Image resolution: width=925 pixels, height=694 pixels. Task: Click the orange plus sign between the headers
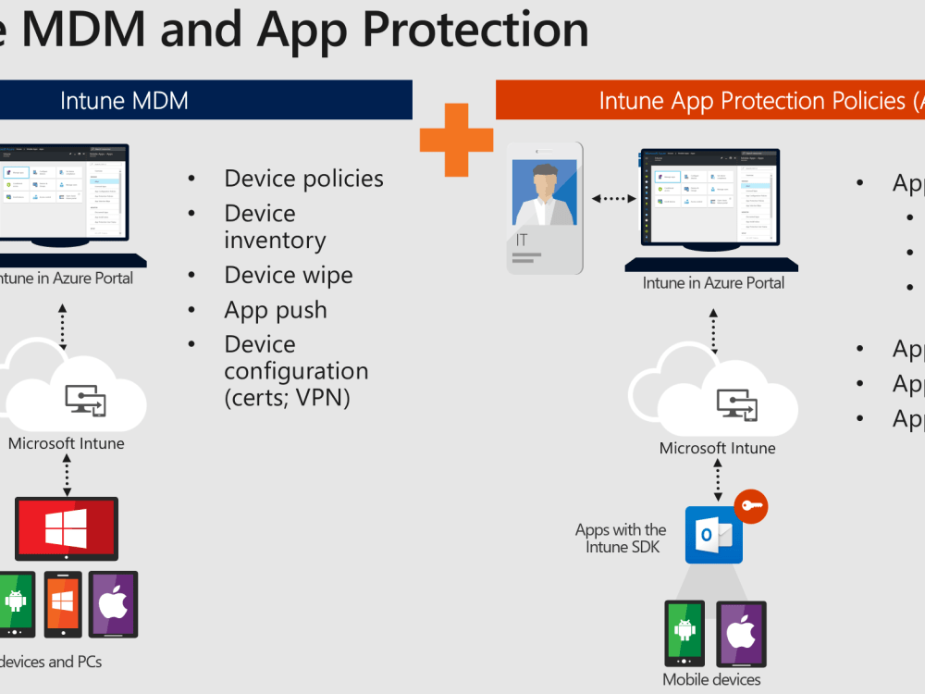456,140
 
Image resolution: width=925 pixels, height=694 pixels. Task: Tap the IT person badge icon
545,207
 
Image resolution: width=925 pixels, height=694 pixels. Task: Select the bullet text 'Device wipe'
288,275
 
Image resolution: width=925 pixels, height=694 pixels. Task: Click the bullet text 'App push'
275,309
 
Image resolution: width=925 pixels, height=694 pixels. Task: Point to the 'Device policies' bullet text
303,179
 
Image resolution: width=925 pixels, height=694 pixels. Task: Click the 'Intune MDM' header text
124,100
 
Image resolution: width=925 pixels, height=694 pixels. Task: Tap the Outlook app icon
713,535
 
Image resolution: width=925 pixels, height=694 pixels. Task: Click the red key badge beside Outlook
750,506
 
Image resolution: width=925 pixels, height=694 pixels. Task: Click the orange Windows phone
63,602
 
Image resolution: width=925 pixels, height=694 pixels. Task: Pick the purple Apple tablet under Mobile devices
739,634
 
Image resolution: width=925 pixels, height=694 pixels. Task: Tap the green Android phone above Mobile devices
684,633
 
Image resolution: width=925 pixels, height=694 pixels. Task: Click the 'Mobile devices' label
711,680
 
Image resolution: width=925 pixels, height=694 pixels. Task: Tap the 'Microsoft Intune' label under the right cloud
717,449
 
